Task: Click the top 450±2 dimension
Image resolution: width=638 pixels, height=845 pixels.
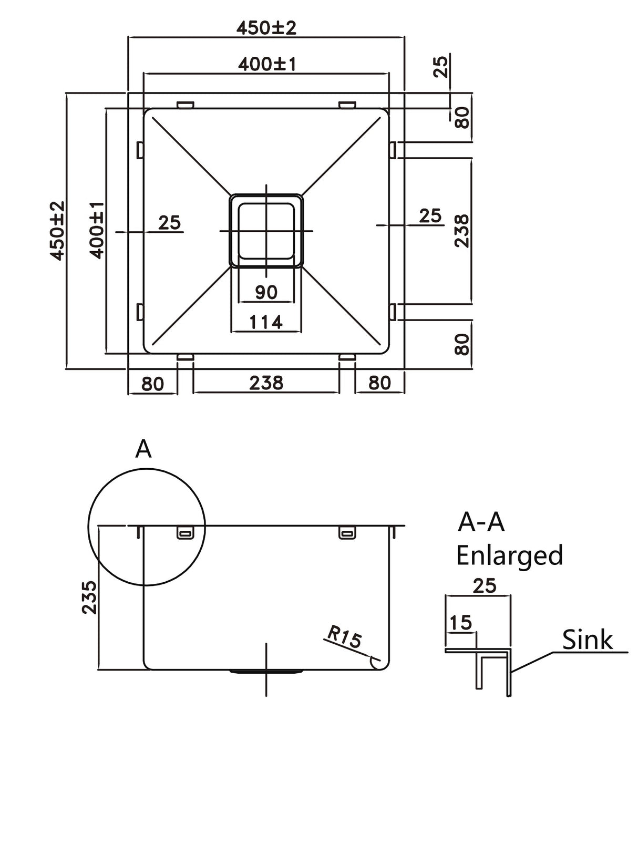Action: pyautogui.click(x=266, y=27)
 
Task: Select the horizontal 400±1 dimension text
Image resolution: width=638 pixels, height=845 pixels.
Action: pyautogui.click(x=267, y=64)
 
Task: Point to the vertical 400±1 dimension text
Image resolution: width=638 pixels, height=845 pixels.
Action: pyautogui.click(x=97, y=230)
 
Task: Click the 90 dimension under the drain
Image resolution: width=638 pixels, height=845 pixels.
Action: pyautogui.click(x=266, y=292)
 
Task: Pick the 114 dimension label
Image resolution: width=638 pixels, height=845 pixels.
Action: pyautogui.click(x=266, y=322)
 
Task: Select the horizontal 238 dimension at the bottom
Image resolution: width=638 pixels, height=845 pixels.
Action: pyautogui.click(x=266, y=383)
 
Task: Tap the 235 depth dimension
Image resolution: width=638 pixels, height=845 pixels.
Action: pyautogui.click(x=90, y=597)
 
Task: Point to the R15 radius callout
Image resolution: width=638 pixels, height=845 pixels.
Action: pyautogui.click(x=344, y=637)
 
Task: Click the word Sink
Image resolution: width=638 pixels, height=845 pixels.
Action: pyautogui.click(x=587, y=640)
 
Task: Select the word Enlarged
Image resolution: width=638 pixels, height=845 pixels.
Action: pyautogui.click(x=509, y=555)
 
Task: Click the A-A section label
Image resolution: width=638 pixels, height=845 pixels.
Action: pyautogui.click(x=481, y=522)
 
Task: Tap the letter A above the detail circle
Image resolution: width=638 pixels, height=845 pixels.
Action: pyautogui.click(x=143, y=449)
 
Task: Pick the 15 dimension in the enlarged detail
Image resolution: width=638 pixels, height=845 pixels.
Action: pyautogui.click(x=460, y=623)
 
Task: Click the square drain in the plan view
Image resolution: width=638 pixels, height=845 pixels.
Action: pyautogui.click(x=266, y=231)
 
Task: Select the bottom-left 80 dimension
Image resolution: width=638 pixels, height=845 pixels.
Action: pyautogui.click(x=152, y=384)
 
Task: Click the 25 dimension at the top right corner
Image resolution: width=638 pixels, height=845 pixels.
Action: pyautogui.click(x=442, y=66)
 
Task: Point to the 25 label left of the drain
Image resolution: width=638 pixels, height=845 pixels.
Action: pyautogui.click(x=169, y=223)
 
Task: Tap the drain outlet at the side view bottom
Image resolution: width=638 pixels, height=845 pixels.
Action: pyautogui.click(x=266, y=672)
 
